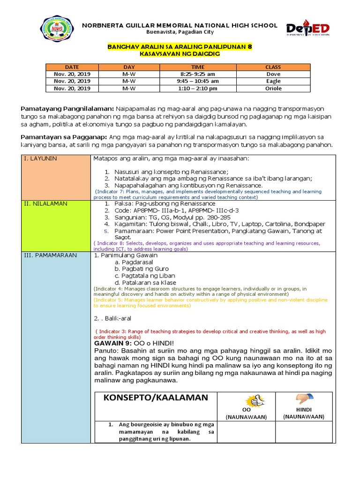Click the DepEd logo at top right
tap(308, 30)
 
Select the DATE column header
tap(72, 67)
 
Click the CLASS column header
tap(273, 67)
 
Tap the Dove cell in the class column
tap(273, 74)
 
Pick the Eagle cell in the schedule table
tap(273, 81)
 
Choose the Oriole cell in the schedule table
tap(273, 88)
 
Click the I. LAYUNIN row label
tap(40, 159)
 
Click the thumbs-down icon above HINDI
tap(301, 399)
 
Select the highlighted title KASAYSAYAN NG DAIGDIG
tap(180, 54)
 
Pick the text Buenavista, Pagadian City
tap(180, 32)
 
